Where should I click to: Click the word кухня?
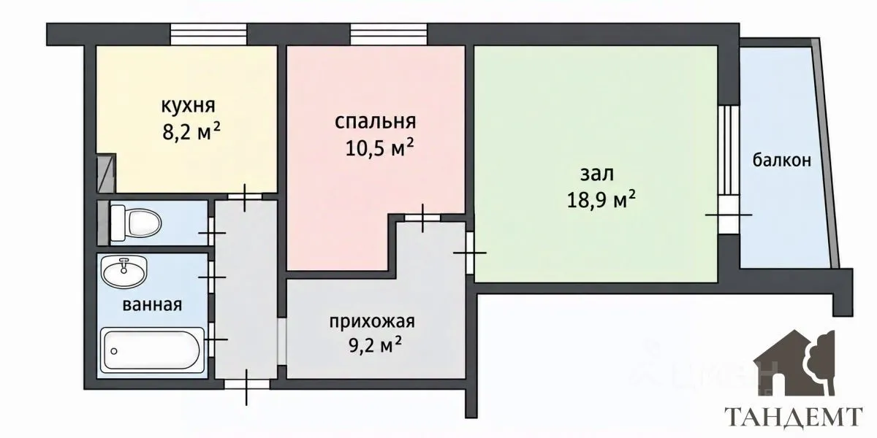coord(189,106)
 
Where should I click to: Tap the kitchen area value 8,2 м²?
coord(191,132)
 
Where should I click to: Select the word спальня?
coord(375,122)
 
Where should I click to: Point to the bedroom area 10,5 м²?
coord(379,147)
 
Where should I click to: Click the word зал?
coord(597,174)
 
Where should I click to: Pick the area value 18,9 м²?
coord(601,200)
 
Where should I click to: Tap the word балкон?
coord(782,160)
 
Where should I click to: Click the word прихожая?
coord(372,322)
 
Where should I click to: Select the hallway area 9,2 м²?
coord(376,345)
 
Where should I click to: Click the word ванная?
coord(152,304)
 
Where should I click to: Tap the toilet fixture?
coord(135,223)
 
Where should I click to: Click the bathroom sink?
coord(124,271)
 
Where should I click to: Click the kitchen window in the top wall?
coord(208,34)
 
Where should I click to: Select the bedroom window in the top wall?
coord(388,34)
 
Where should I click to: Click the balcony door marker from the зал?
coord(729,215)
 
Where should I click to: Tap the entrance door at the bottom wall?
coord(247,385)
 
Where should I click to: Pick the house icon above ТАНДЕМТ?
coord(795,364)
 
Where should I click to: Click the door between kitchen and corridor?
coord(245,196)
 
